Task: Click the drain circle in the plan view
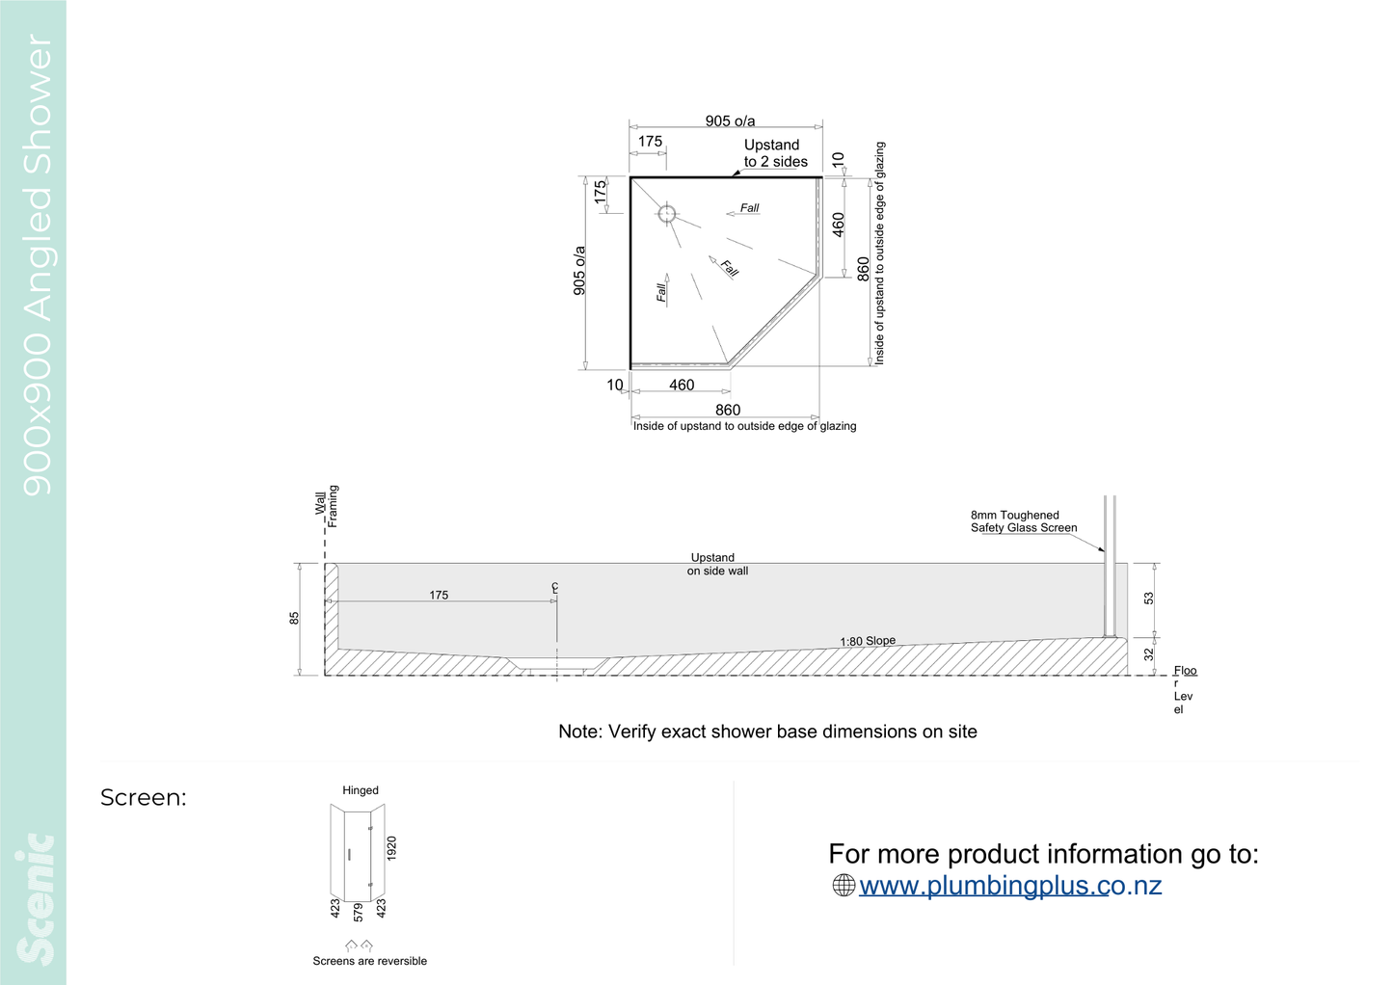click(x=667, y=214)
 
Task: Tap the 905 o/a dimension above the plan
click(x=730, y=120)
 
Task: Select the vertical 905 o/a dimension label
click(x=579, y=271)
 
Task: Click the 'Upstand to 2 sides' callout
click(x=775, y=153)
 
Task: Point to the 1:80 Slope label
click(x=868, y=641)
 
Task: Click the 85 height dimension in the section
click(x=294, y=618)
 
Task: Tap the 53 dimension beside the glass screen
click(x=1148, y=599)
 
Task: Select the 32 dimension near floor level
click(x=1148, y=654)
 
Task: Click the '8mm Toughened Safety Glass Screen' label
click(x=1024, y=521)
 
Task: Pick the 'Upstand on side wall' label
click(x=717, y=564)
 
